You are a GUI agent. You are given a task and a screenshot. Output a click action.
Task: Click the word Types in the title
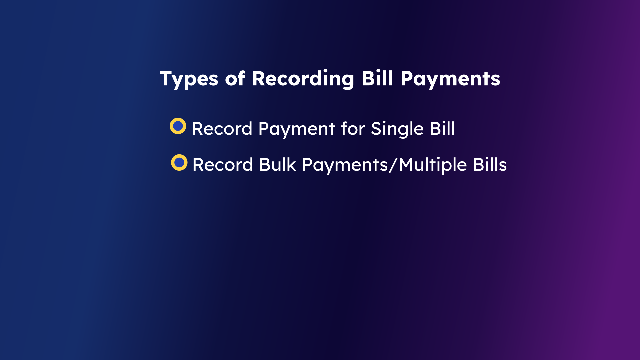[x=189, y=79]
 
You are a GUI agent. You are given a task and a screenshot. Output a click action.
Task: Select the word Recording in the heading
[x=303, y=79]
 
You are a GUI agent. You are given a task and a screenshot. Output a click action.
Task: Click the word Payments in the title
[x=450, y=79]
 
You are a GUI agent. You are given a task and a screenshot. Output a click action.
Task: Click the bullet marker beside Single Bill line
[x=178, y=126]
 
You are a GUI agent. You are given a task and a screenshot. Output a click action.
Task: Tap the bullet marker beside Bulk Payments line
[x=179, y=162]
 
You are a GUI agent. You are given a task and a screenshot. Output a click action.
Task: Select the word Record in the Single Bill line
[x=222, y=129]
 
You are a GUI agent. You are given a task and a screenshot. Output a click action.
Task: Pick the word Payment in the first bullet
[x=297, y=129]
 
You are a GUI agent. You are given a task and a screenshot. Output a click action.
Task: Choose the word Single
[x=397, y=129]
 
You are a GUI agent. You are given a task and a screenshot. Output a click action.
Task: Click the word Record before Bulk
[x=223, y=165]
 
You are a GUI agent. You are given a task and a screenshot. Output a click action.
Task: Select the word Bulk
[x=278, y=165]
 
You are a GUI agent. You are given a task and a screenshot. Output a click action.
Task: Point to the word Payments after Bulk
[x=345, y=165]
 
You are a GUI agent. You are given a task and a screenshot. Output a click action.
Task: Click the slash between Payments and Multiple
[x=394, y=165]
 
